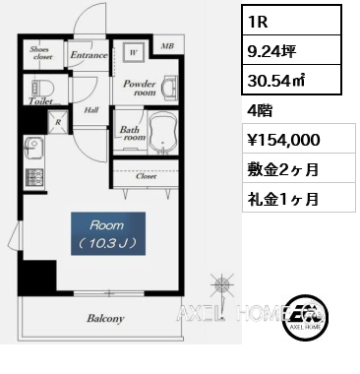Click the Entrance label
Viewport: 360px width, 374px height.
coord(88,56)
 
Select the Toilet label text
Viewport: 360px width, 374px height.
coord(40,99)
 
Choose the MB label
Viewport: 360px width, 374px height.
coord(166,46)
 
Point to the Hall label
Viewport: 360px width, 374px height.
coord(90,110)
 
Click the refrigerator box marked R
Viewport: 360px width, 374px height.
coord(58,124)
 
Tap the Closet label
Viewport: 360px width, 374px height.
coord(147,177)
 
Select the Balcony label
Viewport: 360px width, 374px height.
coord(104,318)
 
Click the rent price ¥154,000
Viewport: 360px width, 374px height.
coord(280,141)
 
